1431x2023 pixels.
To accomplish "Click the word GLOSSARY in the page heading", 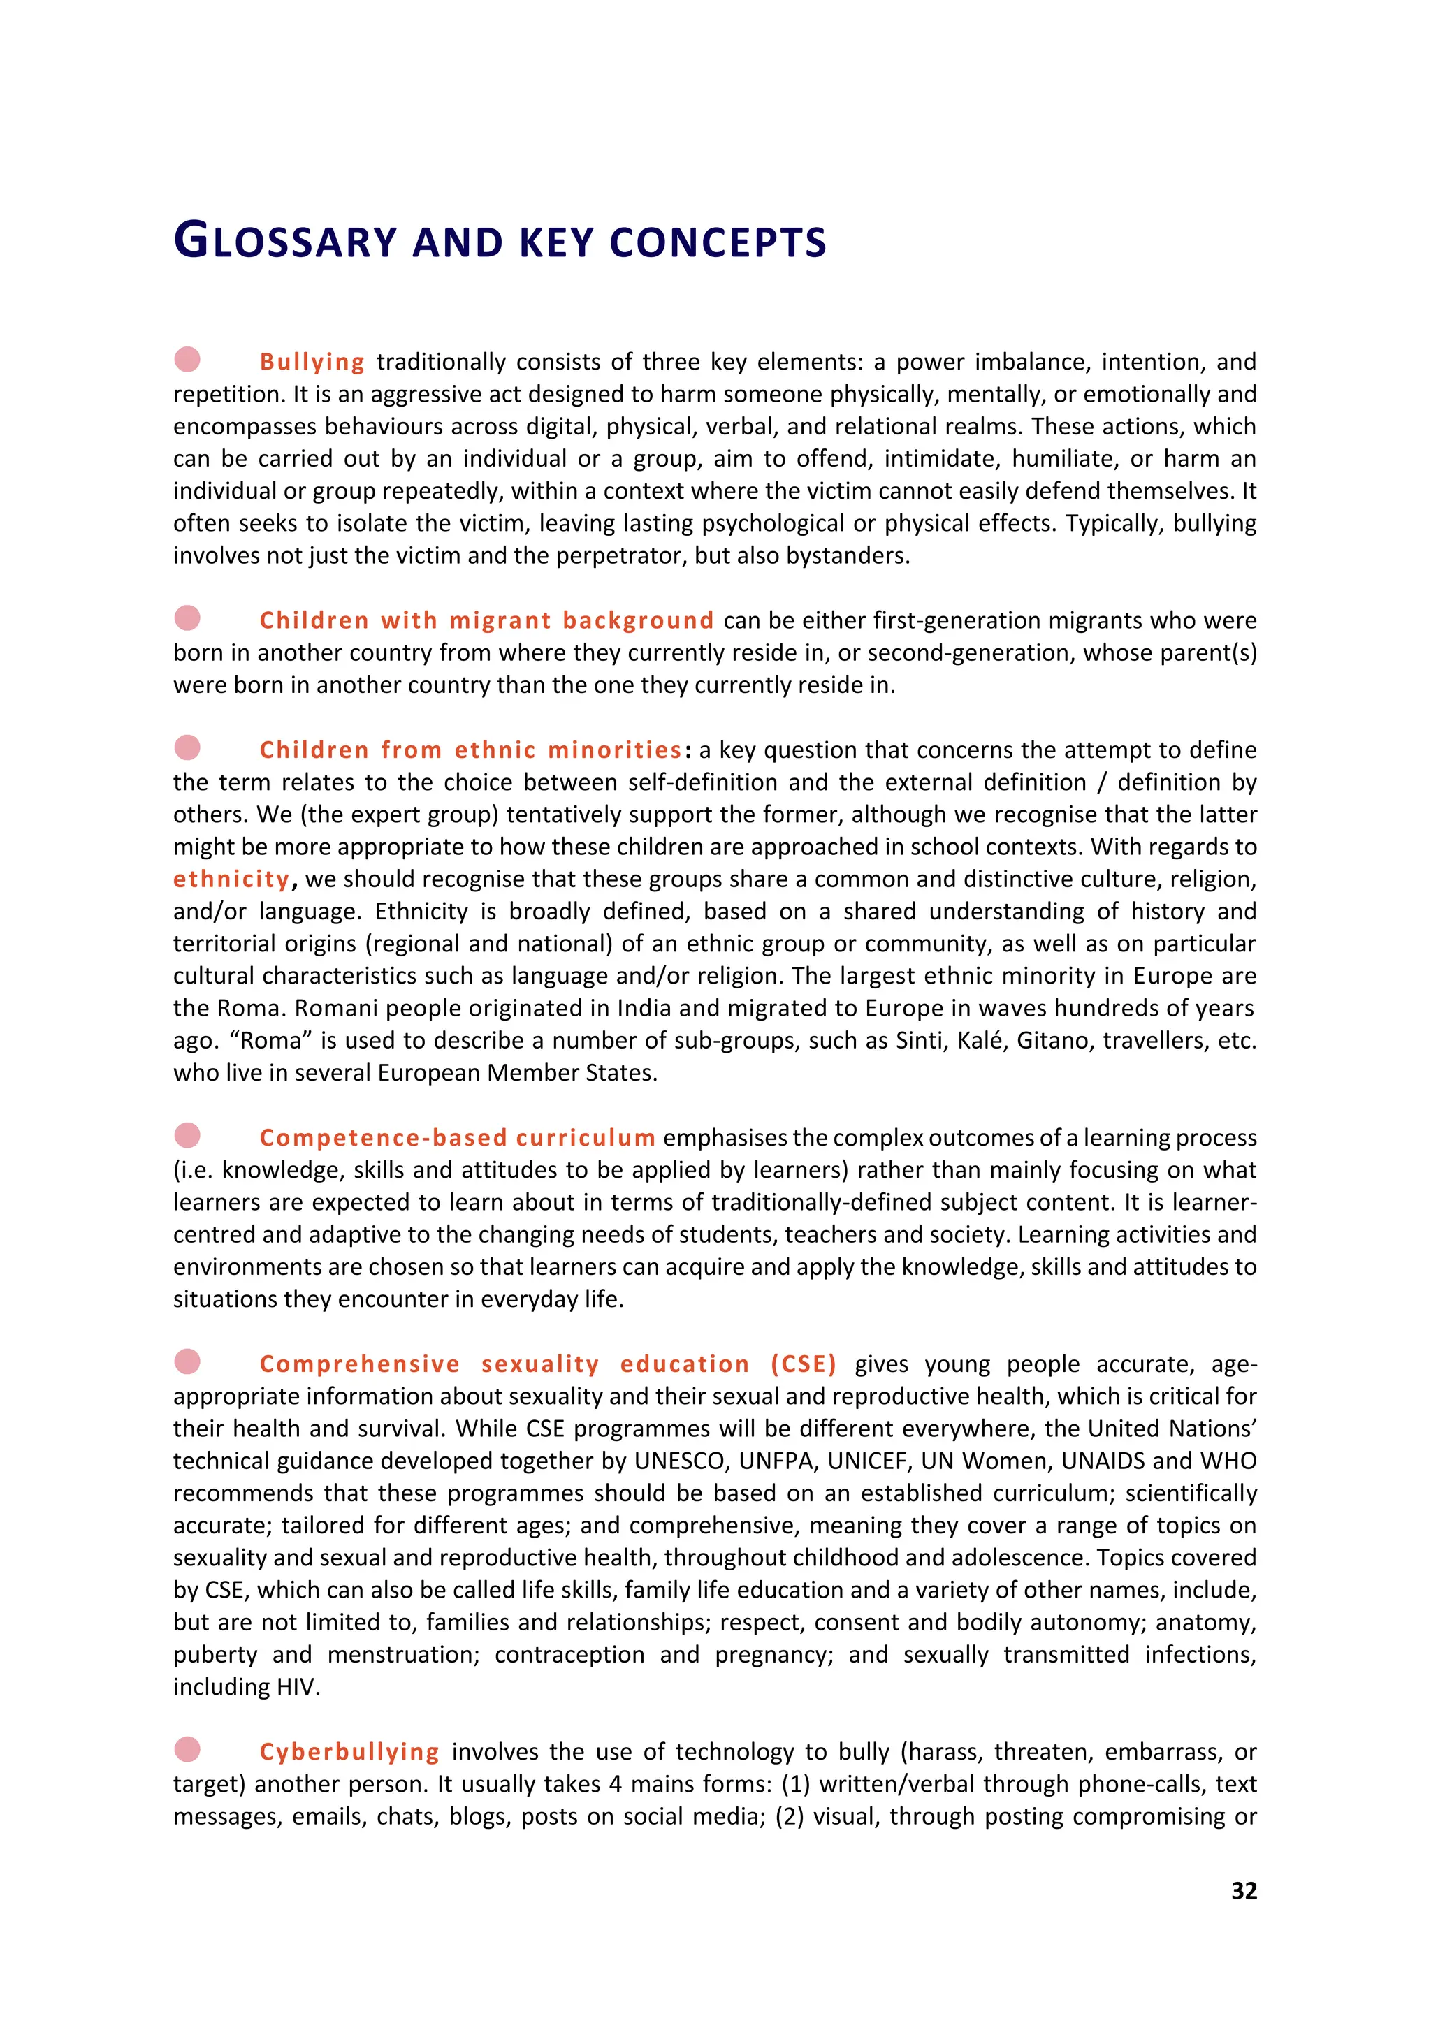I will pos(286,242).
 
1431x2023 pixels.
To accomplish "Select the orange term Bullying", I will pos(312,362).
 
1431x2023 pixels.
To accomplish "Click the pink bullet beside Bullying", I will pos(187,360).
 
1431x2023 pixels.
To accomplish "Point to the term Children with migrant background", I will pos(486,620).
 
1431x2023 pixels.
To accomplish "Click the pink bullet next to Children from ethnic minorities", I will pos(187,747).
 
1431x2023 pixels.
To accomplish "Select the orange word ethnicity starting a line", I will pos(231,879).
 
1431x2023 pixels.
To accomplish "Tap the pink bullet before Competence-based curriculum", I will pos(187,1135).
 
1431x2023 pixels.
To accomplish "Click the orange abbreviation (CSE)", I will pos(803,1364).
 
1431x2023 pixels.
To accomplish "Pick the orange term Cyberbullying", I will pos(349,1752).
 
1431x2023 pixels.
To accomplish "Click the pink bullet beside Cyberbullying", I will pos(187,1749).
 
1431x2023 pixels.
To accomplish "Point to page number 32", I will pos(1243,1891).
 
